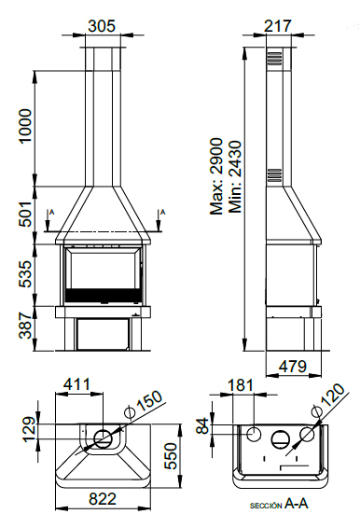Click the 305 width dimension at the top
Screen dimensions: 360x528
(x=102, y=26)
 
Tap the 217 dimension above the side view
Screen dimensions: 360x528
(x=278, y=26)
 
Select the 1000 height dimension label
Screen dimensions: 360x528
(x=25, y=126)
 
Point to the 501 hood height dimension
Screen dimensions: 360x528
(x=25, y=215)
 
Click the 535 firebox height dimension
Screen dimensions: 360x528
(x=25, y=273)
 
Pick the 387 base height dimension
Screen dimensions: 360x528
(x=25, y=326)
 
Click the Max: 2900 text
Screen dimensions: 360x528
(x=216, y=176)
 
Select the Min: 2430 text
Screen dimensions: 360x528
(x=235, y=177)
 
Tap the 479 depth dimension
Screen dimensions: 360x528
(x=293, y=367)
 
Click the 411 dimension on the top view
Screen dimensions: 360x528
(x=77, y=384)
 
